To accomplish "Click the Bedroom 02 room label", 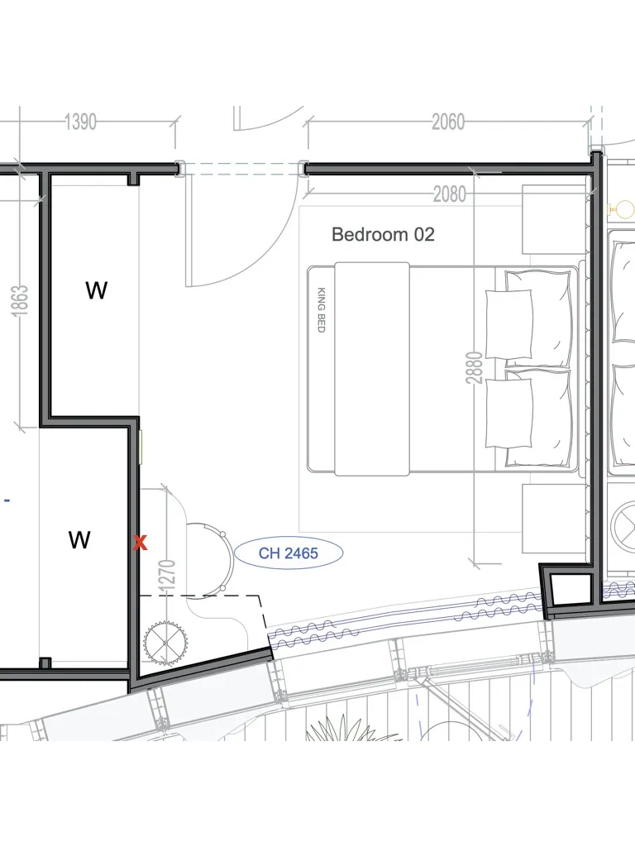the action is [383, 234].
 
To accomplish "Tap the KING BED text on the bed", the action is [321, 309].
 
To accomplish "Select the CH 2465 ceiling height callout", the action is [289, 553].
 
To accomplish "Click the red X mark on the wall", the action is [141, 543].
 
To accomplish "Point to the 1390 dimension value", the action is [80, 122].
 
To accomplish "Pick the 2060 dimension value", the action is [447, 122].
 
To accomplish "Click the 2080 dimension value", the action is [449, 194].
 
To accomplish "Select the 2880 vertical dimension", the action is [474, 368].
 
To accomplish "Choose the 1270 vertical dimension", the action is [168, 575].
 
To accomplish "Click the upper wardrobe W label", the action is [96, 290].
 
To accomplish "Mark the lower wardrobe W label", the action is [79, 539].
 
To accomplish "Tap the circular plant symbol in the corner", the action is [165, 643].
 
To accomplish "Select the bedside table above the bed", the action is [554, 220].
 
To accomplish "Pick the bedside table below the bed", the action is [554, 519].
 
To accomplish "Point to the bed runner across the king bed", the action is [372, 369].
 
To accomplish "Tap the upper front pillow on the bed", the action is [508, 324].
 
